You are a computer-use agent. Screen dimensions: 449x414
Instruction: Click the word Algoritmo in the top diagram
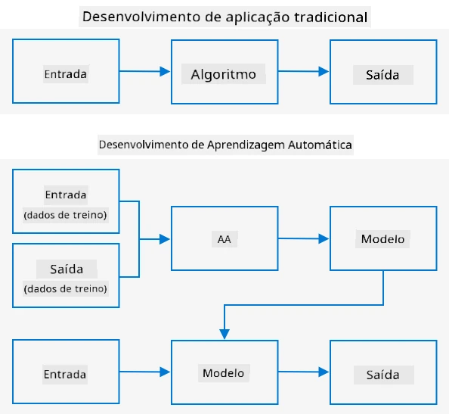pyautogui.click(x=223, y=74)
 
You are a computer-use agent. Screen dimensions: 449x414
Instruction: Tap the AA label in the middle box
pyautogui.click(x=224, y=239)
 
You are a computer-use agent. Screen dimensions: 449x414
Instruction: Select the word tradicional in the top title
pyautogui.click(x=331, y=17)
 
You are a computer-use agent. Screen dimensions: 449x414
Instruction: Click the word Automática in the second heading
pyautogui.click(x=320, y=145)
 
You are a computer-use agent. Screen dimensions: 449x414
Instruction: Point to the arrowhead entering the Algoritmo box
pyautogui.click(x=165, y=71)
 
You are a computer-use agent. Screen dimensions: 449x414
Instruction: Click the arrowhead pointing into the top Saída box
pyautogui.click(x=324, y=71)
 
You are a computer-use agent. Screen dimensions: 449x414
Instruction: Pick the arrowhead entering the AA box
pyautogui.click(x=165, y=239)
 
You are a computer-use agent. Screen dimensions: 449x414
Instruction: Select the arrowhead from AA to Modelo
pyautogui.click(x=324, y=238)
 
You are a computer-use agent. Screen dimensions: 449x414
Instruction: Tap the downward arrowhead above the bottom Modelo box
pyautogui.click(x=224, y=335)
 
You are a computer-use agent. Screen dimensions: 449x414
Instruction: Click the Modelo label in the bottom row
pyautogui.click(x=223, y=373)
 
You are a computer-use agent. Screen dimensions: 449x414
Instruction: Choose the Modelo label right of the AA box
pyautogui.click(x=382, y=239)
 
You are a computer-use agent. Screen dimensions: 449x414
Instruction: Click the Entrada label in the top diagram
pyautogui.click(x=66, y=74)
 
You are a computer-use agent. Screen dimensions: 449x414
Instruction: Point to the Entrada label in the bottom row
pyautogui.click(x=65, y=375)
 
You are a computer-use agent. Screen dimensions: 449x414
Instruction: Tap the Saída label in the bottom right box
pyautogui.click(x=382, y=375)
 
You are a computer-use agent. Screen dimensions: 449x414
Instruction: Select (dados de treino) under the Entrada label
pyautogui.click(x=65, y=215)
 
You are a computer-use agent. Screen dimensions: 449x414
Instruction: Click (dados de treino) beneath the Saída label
pyautogui.click(x=65, y=288)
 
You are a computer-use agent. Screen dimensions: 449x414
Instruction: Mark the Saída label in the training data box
pyautogui.click(x=67, y=269)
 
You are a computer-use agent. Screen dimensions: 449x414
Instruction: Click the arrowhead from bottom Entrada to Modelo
pyautogui.click(x=165, y=372)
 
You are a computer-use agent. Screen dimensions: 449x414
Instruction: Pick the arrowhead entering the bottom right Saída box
pyautogui.click(x=324, y=372)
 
